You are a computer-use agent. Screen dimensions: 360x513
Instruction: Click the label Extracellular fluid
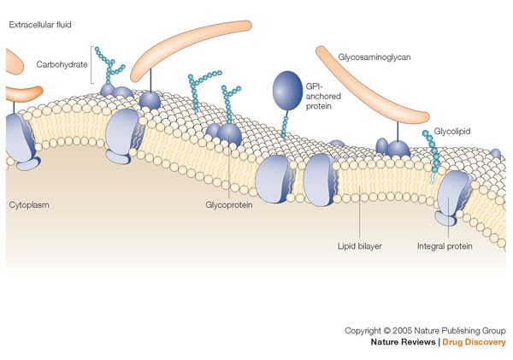(x=40, y=25)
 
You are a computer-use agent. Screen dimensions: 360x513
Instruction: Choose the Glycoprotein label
(x=230, y=206)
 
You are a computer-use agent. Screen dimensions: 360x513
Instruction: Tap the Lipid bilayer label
(x=359, y=245)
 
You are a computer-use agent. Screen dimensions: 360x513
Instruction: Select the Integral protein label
(x=445, y=245)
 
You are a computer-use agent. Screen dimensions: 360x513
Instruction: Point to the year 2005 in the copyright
(x=405, y=330)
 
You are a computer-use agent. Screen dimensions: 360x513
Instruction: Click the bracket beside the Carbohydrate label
(x=91, y=65)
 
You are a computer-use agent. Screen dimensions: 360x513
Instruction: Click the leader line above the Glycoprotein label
(x=229, y=175)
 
